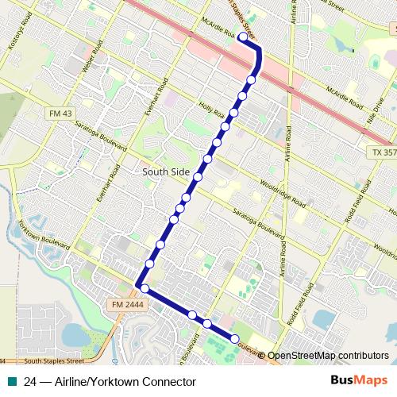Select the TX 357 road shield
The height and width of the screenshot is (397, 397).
coord(383,151)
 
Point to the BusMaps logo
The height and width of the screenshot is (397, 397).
coord(357,381)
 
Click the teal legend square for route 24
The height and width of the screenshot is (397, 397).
coord(12,381)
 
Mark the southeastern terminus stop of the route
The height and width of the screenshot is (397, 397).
coord(235,340)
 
